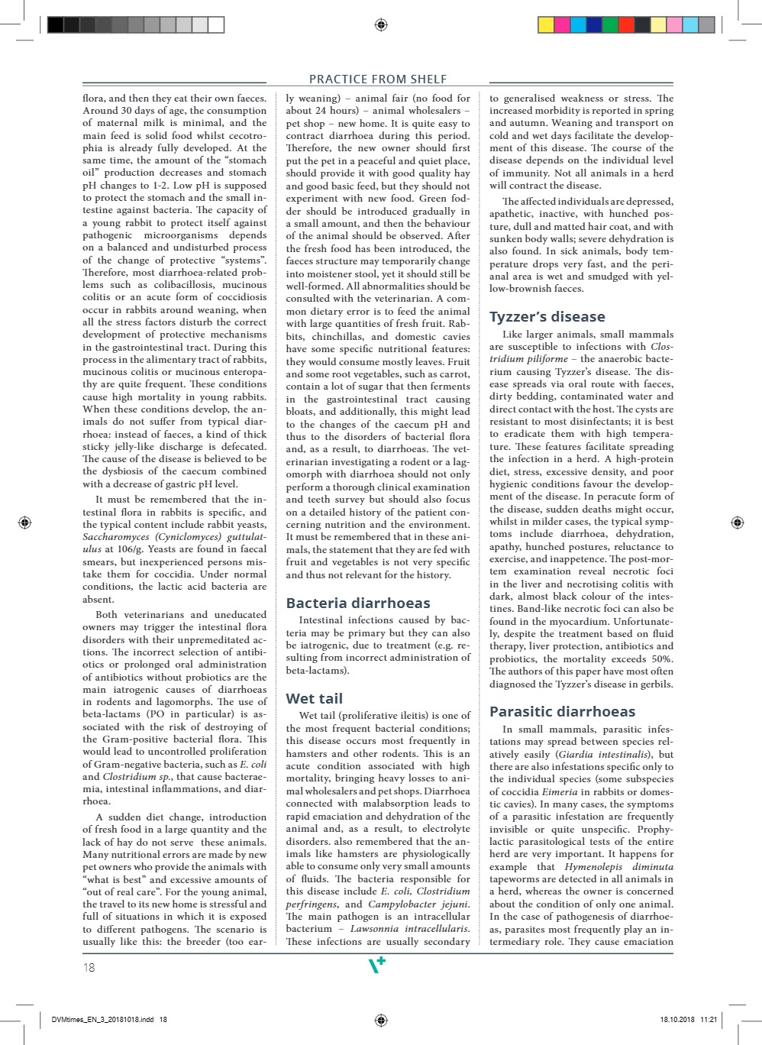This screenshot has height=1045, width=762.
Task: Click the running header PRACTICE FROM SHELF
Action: tap(378, 79)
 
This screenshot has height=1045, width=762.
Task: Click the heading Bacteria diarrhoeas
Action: tap(358, 603)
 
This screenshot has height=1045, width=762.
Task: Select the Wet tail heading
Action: tap(314, 698)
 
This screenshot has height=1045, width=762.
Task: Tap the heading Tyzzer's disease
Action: tap(547, 316)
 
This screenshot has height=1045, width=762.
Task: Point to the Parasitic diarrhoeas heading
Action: tap(562, 711)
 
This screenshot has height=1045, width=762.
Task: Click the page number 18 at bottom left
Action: tap(89, 967)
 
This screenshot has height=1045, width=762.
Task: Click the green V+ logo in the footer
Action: tap(377, 966)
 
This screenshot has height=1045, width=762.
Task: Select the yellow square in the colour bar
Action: tap(546, 25)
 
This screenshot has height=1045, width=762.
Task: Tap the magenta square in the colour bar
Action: tap(563, 25)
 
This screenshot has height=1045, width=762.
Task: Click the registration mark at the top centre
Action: tap(382, 25)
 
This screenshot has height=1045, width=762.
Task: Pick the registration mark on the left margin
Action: tap(24, 522)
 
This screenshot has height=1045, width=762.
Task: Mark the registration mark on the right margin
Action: tap(737, 522)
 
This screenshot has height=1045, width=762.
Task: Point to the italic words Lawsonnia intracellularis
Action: tap(410, 929)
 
